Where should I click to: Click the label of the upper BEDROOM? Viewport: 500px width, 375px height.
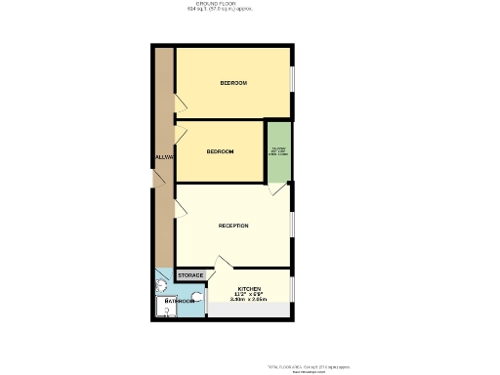tap(233, 83)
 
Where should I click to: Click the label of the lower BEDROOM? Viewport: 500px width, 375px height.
tap(220, 151)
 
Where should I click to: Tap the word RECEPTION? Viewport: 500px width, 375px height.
tap(233, 226)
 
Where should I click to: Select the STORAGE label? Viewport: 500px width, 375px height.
tap(190, 276)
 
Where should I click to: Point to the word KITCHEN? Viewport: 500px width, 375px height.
tap(248, 289)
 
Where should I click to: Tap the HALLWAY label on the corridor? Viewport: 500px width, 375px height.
tap(163, 157)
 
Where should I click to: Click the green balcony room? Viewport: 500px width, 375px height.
tap(279, 151)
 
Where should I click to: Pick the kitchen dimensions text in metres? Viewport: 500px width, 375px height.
tap(248, 300)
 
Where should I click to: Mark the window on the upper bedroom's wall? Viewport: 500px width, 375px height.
tap(292, 82)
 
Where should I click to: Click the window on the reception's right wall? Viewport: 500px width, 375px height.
tap(292, 223)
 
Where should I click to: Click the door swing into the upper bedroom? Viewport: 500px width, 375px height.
tap(180, 102)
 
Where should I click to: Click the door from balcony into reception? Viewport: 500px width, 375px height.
tap(279, 187)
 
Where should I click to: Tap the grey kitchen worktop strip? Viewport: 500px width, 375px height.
tap(250, 311)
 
